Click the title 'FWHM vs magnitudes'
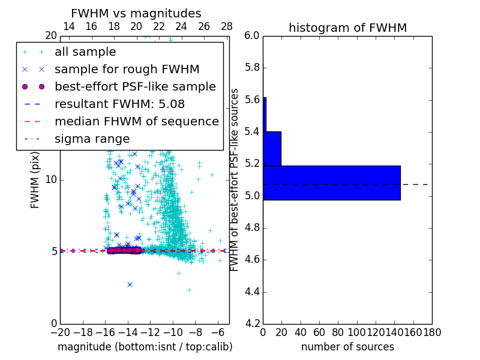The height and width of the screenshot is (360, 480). click(x=136, y=14)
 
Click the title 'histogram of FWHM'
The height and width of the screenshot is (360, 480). click(x=347, y=28)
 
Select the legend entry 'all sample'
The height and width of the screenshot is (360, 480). click(x=85, y=52)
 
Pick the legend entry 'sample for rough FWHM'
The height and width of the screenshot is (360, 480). click(x=127, y=69)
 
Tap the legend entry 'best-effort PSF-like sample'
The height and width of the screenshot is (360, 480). click(x=135, y=86)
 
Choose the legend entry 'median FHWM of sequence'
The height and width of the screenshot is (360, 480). click(x=136, y=121)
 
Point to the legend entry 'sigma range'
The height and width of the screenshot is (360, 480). click(x=92, y=139)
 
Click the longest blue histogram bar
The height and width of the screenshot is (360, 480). click(x=331, y=183)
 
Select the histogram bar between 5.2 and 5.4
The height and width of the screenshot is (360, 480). click(x=272, y=148)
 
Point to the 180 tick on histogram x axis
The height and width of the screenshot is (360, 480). click(x=432, y=332)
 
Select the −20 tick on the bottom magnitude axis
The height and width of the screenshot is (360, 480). click(x=60, y=332)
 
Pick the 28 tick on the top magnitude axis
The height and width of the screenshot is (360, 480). click(x=227, y=26)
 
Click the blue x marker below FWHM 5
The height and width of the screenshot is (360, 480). click(x=130, y=284)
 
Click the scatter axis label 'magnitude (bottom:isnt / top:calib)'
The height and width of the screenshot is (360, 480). click(x=145, y=347)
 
